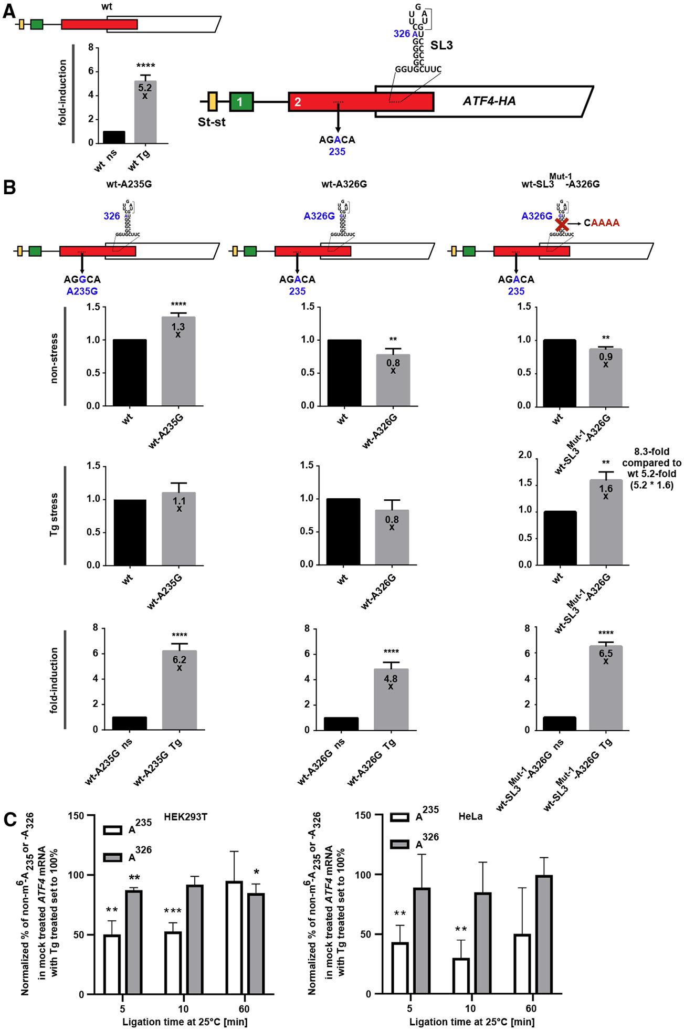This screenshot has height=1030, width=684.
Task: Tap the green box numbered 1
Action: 241,102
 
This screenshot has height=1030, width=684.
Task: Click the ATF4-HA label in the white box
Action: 489,101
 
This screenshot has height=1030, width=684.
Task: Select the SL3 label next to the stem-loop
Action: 442,46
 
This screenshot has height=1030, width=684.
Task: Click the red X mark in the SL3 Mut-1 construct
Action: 562,223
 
